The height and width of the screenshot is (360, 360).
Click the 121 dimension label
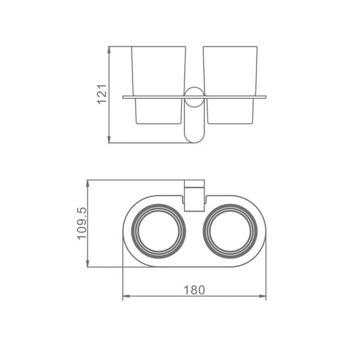pos(102,94)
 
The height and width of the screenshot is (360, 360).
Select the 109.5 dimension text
pos(82,224)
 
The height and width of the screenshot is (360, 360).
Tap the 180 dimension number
pos(194,290)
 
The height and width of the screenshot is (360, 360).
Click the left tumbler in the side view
pos(159,85)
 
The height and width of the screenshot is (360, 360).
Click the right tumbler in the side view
pos(231,85)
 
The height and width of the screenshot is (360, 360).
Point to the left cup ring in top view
pos(131,231)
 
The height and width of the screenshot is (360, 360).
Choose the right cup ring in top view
pos(203,231)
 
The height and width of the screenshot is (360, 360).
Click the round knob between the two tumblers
pos(195,97)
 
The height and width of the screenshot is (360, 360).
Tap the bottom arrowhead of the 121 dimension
pos(109,139)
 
